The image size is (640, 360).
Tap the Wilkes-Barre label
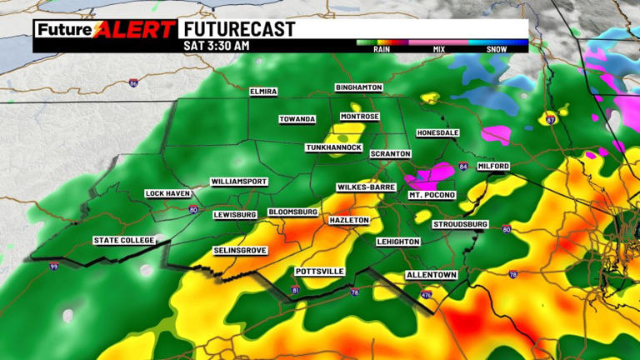pyautogui.click(x=366, y=187)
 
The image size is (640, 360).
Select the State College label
pyautogui.click(x=123, y=241)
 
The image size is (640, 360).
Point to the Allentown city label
pyautogui.click(x=432, y=275)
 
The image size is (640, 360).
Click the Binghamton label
pyautogui.click(x=358, y=87)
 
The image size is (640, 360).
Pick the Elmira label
pyautogui.click(x=263, y=91)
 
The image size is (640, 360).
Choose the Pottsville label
pyautogui.click(x=320, y=272)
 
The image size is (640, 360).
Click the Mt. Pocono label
pyautogui.click(x=432, y=195)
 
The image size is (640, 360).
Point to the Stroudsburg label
pyautogui.click(x=460, y=225)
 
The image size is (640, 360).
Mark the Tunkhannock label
pyautogui.click(x=333, y=147)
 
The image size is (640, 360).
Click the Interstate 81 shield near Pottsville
pyautogui.click(x=294, y=289)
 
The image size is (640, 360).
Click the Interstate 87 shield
pyautogui.click(x=550, y=120)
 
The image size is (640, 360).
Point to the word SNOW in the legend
pyautogui.click(x=498, y=49)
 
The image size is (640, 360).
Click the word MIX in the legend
pyautogui.click(x=439, y=49)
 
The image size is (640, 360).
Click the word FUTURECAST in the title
pyautogui.click(x=238, y=29)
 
